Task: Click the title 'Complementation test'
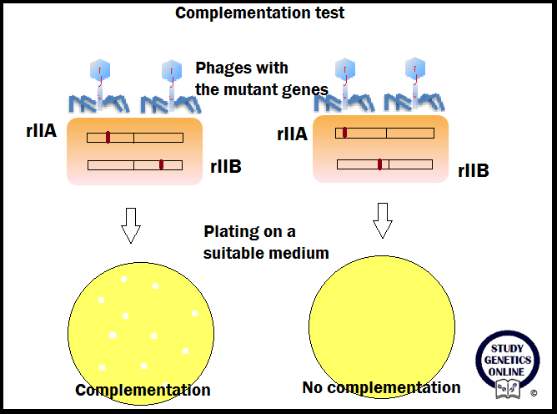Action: click(x=259, y=13)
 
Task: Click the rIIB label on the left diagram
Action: click(x=225, y=168)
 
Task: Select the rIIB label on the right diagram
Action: click(x=473, y=171)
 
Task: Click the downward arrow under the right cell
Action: click(x=382, y=219)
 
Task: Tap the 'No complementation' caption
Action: click(x=381, y=387)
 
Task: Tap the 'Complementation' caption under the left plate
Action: click(x=143, y=390)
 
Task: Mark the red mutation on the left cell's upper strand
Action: click(x=108, y=137)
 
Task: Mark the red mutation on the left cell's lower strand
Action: click(x=161, y=164)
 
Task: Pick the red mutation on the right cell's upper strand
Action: click(x=344, y=132)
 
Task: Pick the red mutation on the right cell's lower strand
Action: click(x=380, y=164)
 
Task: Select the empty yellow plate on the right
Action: click(x=380, y=318)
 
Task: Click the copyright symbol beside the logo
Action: click(x=534, y=391)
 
